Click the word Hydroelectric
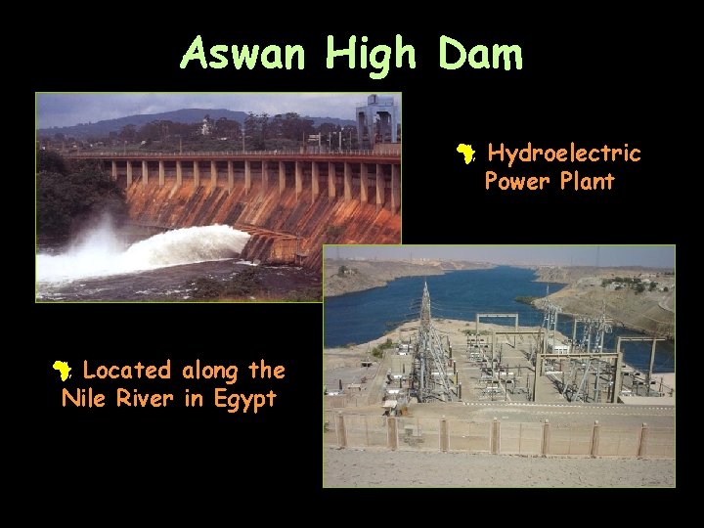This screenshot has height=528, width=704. (x=564, y=154)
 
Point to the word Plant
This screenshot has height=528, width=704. (x=583, y=181)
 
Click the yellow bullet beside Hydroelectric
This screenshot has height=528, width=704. (x=467, y=154)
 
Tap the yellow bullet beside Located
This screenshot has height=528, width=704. (x=63, y=371)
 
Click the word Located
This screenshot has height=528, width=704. (x=127, y=371)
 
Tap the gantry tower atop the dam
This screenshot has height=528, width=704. (x=376, y=117)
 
